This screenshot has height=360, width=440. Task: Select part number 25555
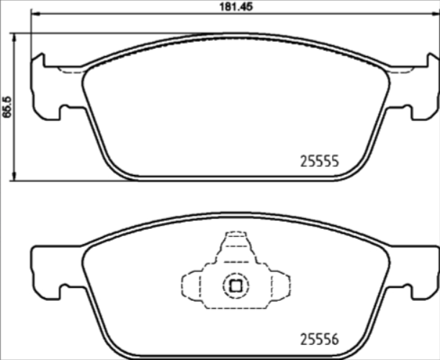[318, 163]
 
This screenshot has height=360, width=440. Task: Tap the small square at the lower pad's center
[233, 285]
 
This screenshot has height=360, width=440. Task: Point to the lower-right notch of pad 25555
[404, 111]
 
